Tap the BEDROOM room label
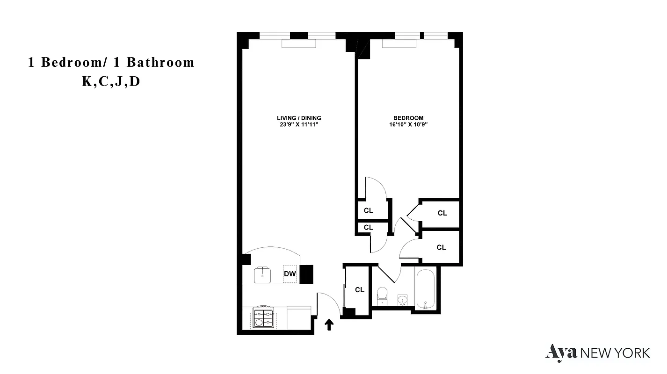[408, 118]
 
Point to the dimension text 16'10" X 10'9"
[408, 125]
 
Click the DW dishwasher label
[290, 274]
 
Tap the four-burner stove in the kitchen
[263, 318]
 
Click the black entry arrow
[329, 324]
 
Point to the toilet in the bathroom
[382, 295]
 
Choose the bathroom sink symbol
[402, 299]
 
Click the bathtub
[425, 289]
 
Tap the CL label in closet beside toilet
[359, 290]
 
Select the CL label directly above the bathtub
[441, 247]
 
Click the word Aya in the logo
[561, 352]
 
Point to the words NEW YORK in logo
[615, 352]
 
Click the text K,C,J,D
[111, 82]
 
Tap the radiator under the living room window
[299, 43]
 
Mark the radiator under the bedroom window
[399, 43]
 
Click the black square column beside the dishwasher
[306, 274]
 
